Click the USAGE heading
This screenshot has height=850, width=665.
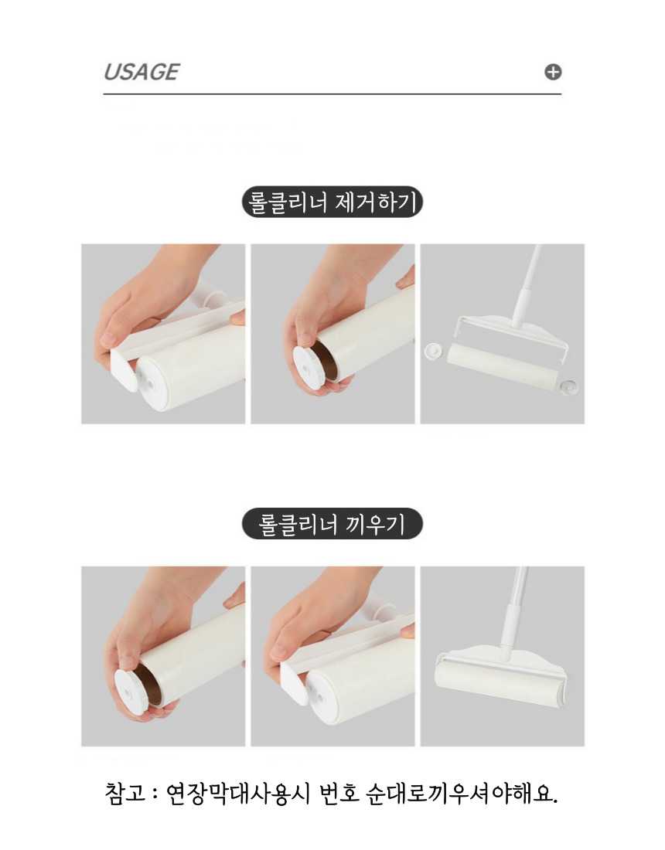(x=142, y=72)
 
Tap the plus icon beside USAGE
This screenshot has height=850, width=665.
(x=553, y=72)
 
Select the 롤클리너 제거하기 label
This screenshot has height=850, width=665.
(x=332, y=202)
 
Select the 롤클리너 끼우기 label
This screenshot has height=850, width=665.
(x=332, y=524)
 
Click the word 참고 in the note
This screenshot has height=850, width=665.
(x=125, y=793)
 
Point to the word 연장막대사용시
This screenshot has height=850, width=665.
(x=238, y=793)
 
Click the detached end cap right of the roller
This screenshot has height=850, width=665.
(x=569, y=387)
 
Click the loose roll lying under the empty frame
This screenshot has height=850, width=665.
(x=502, y=365)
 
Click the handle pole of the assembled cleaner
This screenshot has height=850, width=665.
(x=513, y=614)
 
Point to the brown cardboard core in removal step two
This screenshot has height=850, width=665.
(x=326, y=360)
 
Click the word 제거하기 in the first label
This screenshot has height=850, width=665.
(x=377, y=202)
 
